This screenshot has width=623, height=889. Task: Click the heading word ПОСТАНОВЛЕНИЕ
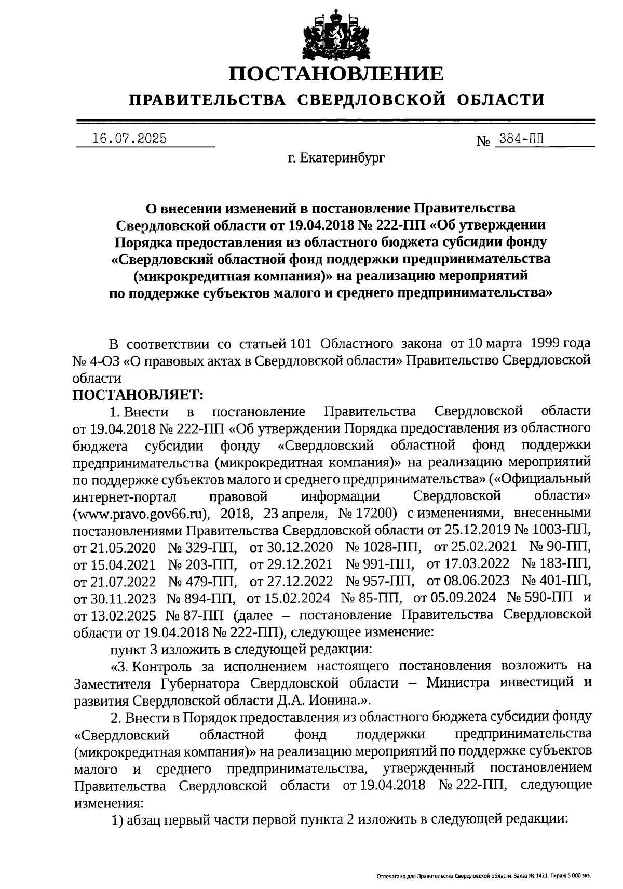coord(337,74)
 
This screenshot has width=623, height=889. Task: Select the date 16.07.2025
coord(129,139)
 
